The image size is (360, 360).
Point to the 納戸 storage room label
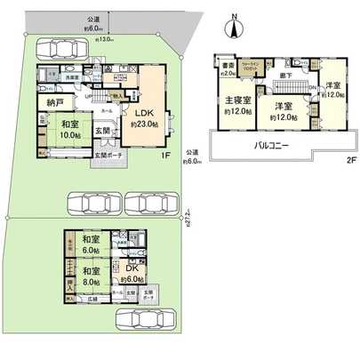[49, 104]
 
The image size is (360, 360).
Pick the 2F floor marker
[350, 162]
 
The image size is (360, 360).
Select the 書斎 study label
[228, 65]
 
